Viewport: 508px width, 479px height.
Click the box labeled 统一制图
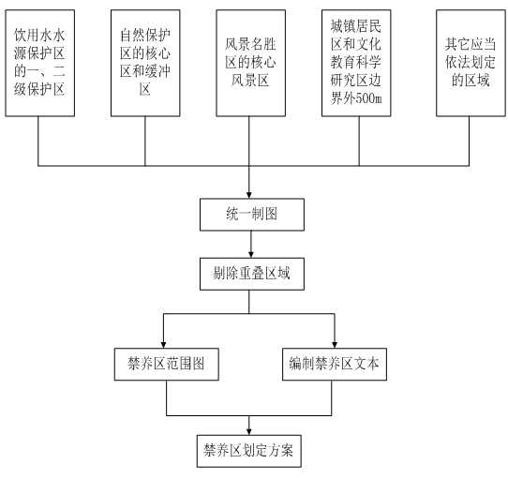252,215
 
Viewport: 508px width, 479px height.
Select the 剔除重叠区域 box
252,274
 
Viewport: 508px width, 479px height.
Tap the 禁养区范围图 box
166,365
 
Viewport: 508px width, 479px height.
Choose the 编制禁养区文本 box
335,365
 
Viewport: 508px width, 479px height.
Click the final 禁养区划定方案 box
248,451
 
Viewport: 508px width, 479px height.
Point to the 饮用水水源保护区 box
40,63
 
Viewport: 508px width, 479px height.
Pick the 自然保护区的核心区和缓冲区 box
145,63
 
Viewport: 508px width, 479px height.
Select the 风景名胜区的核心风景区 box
251,63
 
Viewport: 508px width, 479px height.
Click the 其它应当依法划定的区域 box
471,63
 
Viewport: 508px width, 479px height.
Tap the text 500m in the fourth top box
368,98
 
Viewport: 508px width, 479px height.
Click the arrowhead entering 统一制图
248,195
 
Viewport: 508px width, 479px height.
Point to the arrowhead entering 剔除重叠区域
251,254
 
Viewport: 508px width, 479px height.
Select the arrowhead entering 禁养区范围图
164,345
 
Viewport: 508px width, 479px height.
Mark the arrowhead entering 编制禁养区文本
335,345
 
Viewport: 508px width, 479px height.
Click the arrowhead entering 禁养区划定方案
248,432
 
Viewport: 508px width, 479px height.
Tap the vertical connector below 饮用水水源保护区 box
38,141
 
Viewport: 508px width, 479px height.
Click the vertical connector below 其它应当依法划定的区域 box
469,141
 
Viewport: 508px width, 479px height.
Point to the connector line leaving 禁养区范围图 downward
167,398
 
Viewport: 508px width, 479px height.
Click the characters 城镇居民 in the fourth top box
356,26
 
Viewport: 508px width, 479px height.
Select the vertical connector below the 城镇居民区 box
359,141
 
